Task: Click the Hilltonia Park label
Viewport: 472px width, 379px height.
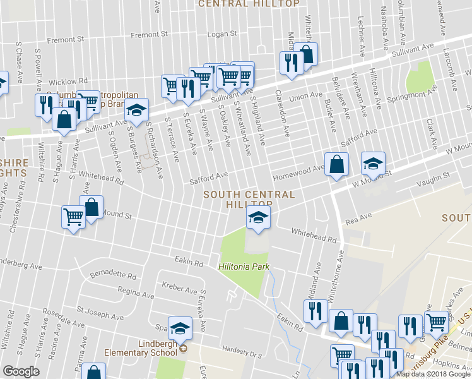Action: click(244, 267)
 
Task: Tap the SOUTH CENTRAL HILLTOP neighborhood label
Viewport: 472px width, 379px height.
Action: click(249, 199)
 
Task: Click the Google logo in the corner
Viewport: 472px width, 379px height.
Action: click(21, 371)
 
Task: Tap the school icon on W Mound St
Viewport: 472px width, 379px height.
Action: click(373, 164)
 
